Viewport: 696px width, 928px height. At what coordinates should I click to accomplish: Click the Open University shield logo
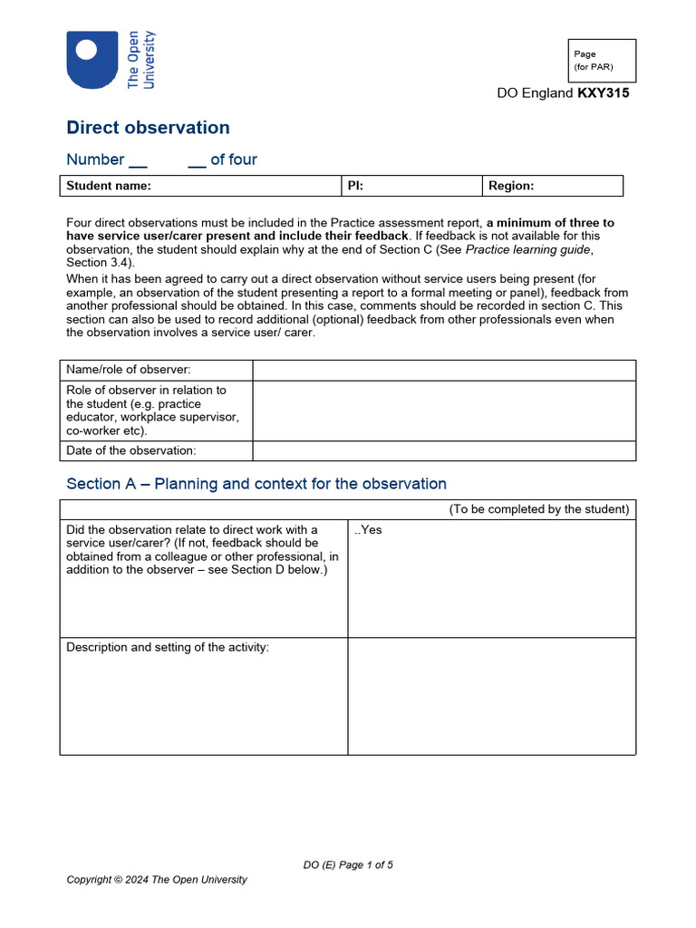[x=92, y=59]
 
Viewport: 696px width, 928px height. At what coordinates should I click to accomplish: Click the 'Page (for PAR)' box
[x=602, y=61]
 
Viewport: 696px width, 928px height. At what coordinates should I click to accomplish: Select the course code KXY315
[x=603, y=93]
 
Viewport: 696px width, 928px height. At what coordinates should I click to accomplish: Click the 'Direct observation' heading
[x=148, y=128]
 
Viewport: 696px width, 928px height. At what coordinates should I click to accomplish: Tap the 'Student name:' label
[x=109, y=186]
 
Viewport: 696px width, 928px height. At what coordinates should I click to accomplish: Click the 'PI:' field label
[x=355, y=186]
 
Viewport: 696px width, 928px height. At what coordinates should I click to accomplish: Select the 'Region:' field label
[x=511, y=186]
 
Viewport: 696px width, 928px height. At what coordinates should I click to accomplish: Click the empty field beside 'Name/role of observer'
[x=443, y=370]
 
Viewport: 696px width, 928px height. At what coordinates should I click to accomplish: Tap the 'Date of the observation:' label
[x=131, y=450]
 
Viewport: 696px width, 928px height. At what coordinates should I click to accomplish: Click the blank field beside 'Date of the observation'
[x=443, y=450]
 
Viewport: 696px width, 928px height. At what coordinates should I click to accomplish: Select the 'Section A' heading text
[x=256, y=484]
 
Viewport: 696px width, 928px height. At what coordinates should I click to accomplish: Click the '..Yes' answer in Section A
[x=368, y=530]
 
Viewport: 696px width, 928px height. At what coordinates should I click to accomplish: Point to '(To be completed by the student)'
[x=538, y=509]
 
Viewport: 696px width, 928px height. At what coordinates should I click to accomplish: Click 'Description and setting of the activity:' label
[x=168, y=647]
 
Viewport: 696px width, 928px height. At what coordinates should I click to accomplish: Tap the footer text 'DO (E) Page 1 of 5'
[x=348, y=865]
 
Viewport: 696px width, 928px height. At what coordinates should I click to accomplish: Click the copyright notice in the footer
[x=157, y=880]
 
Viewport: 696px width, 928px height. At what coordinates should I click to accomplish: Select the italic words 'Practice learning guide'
[x=528, y=249]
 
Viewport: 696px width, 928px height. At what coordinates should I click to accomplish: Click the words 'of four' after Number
[x=233, y=159]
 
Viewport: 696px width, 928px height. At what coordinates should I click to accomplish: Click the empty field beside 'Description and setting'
[x=491, y=695]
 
